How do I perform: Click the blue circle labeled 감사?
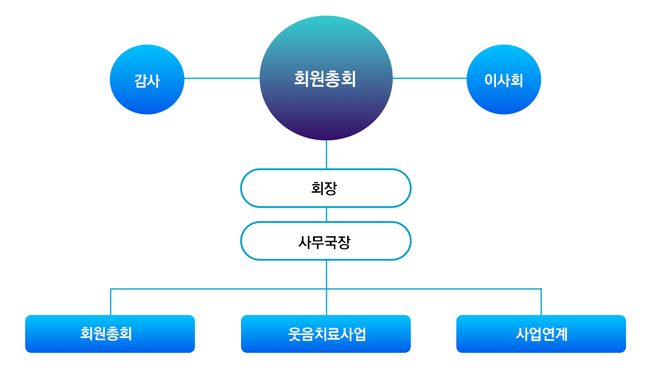pyautogui.click(x=147, y=79)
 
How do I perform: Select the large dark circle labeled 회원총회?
pyautogui.click(x=326, y=78)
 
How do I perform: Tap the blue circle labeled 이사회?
pyautogui.click(x=504, y=79)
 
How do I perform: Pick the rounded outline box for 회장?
pyautogui.click(x=326, y=188)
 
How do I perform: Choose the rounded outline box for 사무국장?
pyautogui.click(x=326, y=241)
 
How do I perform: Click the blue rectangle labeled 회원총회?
pyautogui.click(x=110, y=334)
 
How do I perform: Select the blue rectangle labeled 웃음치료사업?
pyautogui.click(x=326, y=334)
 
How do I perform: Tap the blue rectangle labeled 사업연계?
pyautogui.click(x=541, y=334)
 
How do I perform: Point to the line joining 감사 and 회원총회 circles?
pyautogui.click(x=222, y=78)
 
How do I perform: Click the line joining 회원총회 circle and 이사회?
pyautogui.click(x=429, y=78)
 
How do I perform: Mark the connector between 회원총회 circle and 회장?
pyautogui.click(x=326, y=154)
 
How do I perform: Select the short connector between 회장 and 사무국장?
pyautogui.click(x=326, y=214)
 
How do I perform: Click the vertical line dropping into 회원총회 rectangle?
pyautogui.click(x=110, y=302)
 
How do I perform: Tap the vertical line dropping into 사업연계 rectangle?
pyautogui.click(x=541, y=302)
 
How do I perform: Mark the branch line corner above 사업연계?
pyautogui.click(x=541, y=289)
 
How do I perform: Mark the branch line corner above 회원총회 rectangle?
pyautogui.click(x=110, y=289)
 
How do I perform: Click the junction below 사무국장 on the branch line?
pyautogui.click(x=326, y=289)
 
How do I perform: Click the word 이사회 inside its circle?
pyautogui.click(x=504, y=80)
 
